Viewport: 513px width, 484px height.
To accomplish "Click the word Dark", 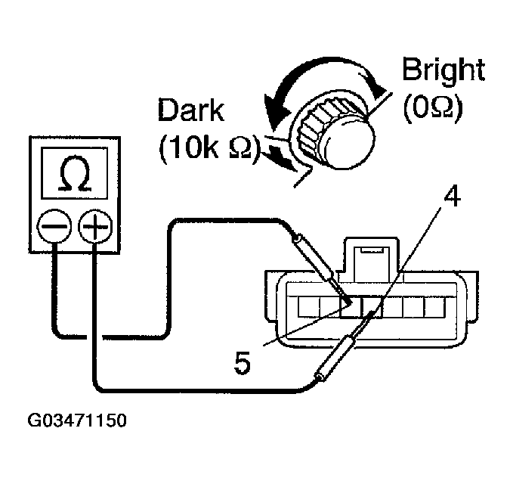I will [190, 110].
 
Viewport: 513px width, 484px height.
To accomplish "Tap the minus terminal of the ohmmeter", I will [55, 226].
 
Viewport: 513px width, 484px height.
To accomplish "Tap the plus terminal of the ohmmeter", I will [94, 226].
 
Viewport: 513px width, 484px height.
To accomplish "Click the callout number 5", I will [241, 364].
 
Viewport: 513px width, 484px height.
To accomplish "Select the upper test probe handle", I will [313, 253].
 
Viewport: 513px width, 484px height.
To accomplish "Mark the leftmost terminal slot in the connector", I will [307, 307].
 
